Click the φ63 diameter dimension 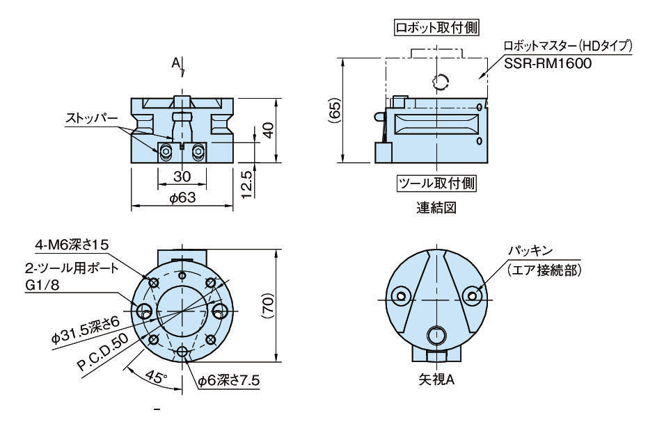coord(182,198)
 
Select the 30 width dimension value coord(182,177)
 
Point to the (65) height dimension coord(335,110)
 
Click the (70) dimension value coord(271,304)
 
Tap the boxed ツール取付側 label coord(436,184)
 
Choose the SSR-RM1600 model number coord(549,64)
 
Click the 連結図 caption coord(436,208)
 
